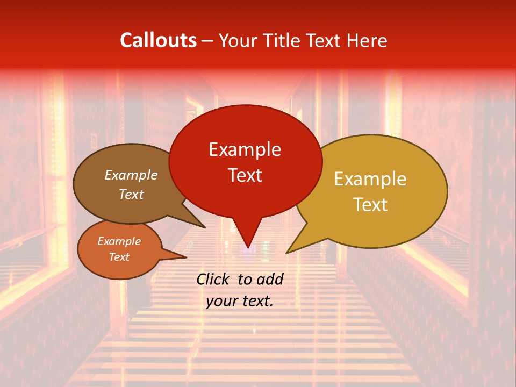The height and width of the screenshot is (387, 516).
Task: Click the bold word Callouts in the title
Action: point(158,40)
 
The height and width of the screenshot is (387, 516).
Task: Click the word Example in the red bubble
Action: point(245,149)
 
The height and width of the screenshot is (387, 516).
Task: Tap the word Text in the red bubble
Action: point(245,175)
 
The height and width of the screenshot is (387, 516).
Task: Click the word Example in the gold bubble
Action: point(370,179)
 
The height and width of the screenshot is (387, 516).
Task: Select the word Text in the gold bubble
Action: point(370,205)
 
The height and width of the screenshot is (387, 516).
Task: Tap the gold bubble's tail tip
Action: point(287,253)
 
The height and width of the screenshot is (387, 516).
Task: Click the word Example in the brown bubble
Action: point(131,175)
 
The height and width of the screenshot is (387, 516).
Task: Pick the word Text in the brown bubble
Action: point(131,194)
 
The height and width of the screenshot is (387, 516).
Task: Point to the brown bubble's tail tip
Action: point(205,227)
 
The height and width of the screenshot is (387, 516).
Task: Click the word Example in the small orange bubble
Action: point(119,241)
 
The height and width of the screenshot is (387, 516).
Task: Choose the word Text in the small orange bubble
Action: point(119,257)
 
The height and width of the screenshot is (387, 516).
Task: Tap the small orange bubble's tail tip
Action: point(186,256)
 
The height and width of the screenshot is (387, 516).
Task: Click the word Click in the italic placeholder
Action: point(214,279)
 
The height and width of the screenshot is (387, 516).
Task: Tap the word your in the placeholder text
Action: point(221,301)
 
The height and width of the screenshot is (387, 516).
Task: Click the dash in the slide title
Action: point(208,41)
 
